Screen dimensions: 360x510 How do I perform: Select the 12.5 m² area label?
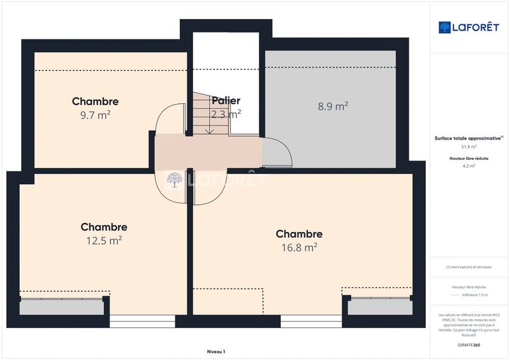pyautogui.click(x=104, y=240)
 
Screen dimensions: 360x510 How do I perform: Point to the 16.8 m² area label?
pyautogui.click(x=299, y=247)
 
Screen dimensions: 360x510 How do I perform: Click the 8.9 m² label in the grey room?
pyautogui.click(x=332, y=106)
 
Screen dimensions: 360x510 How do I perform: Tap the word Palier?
pyautogui.click(x=226, y=101)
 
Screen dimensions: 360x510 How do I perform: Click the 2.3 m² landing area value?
pyautogui.click(x=226, y=115)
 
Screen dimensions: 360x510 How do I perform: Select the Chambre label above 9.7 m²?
pyautogui.click(x=95, y=101)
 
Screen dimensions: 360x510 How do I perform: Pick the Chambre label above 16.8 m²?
pyautogui.click(x=299, y=234)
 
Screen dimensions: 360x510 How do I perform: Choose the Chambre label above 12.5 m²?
pyautogui.click(x=104, y=227)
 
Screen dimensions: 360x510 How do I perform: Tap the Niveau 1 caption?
pyautogui.click(x=216, y=351)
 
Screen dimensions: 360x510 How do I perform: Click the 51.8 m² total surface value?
pyautogui.click(x=469, y=146)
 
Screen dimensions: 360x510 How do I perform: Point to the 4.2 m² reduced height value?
pyautogui.click(x=469, y=166)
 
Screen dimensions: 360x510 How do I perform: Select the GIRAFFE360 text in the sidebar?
pyautogui.click(x=469, y=345)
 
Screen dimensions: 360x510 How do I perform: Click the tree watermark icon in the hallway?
pyautogui.click(x=173, y=180)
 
